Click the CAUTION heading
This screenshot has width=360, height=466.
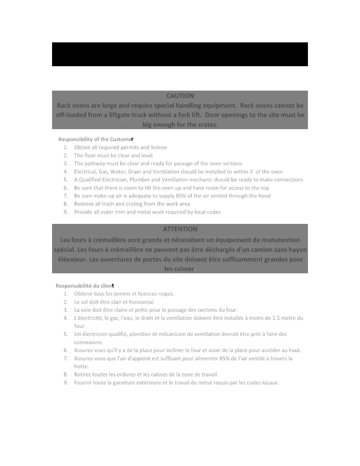180,96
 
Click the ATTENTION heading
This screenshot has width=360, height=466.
180,229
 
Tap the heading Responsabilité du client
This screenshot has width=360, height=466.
85,286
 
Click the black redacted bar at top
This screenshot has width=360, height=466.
180,54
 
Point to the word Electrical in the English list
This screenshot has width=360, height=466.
85,172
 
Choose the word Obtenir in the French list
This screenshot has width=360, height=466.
83,294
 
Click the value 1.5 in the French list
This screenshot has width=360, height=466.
276,318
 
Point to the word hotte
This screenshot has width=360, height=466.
81,366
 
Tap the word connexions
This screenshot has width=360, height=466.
88,342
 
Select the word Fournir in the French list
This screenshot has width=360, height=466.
83,382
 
